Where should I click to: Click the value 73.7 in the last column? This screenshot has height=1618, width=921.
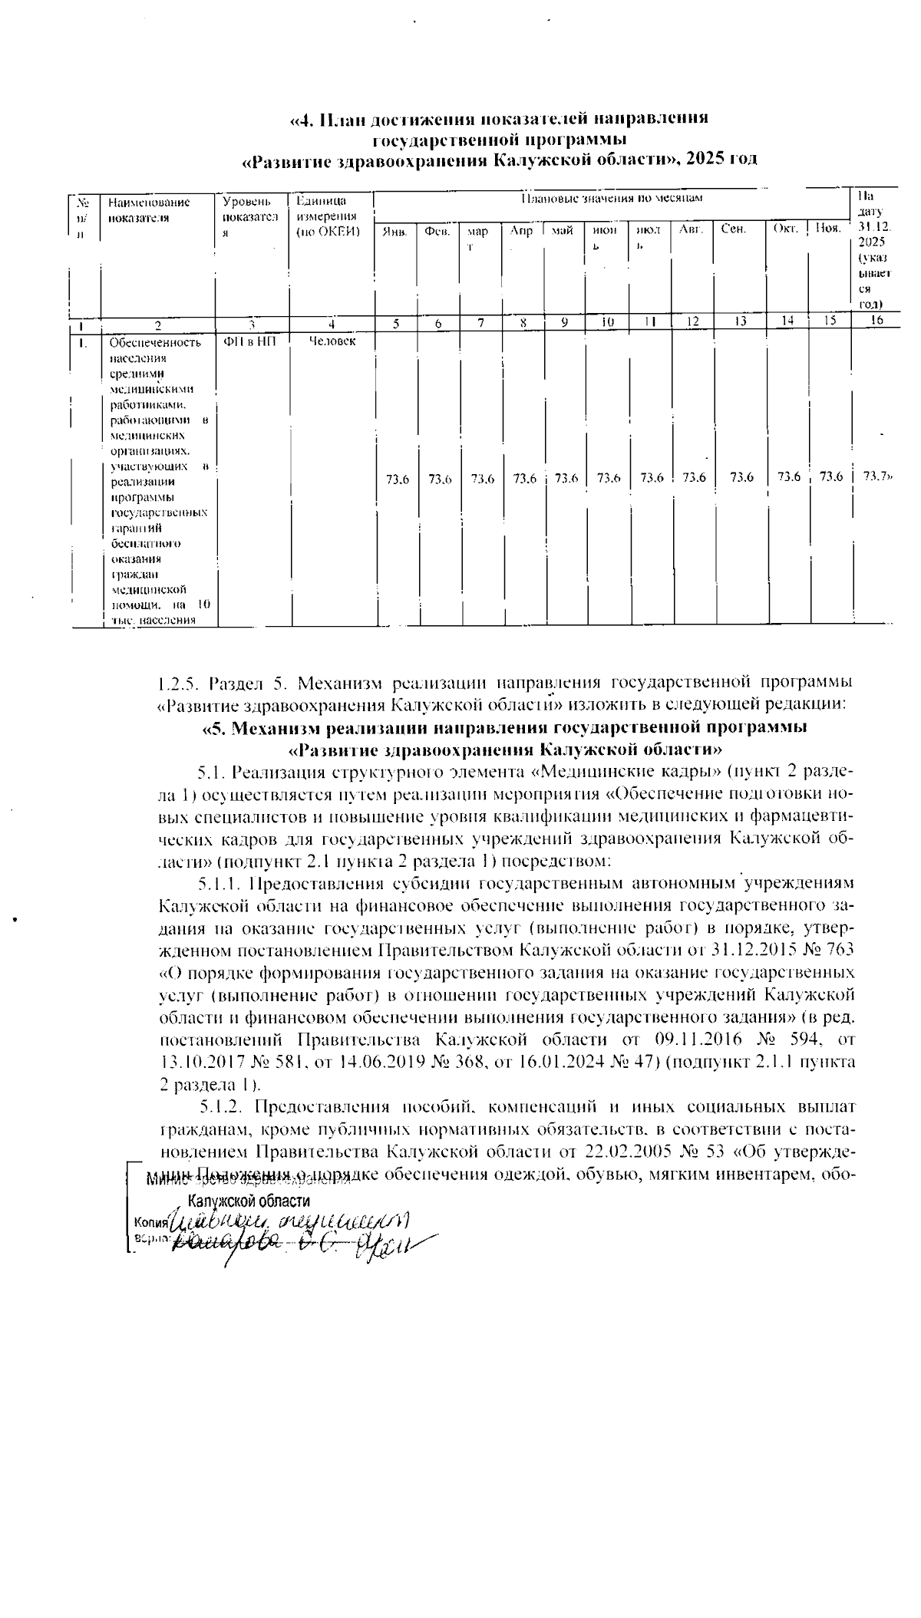(x=875, y=476)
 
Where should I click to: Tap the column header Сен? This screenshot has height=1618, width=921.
(x=734, y=229)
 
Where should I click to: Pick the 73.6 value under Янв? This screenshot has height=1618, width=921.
(x=397, y=479)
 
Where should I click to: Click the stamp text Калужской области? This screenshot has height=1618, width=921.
(x=249, y=1201)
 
